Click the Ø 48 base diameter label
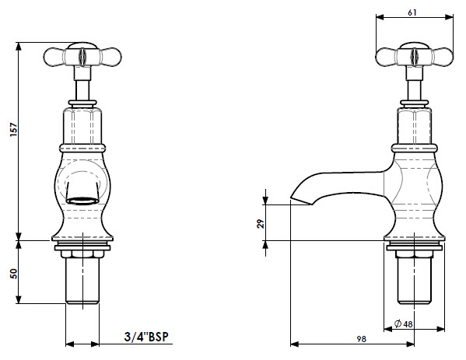click(x=404, y=324)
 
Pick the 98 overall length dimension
click(x=362, y=340)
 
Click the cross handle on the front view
click(x=80, y=56)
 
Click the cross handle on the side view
click(x=411, y=56)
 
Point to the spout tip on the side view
click(x=296, y=199)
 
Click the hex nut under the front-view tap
click(x=82, y=253)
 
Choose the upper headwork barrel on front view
click(x=82, y=124)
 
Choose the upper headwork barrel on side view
click(x=412, y=124)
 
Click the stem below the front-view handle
click(x=80, y=84)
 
